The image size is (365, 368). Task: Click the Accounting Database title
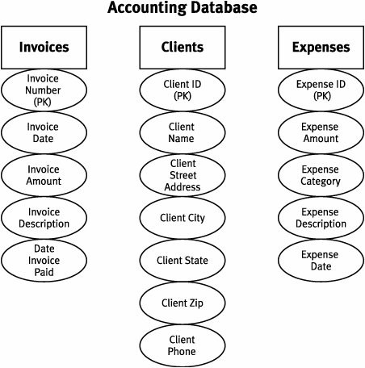[x=182, y=7]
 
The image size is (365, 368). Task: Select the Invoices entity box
[x=44, y=48]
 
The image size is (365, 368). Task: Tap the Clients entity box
[x=182, y=48]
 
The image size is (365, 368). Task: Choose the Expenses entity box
[x=321, y=48]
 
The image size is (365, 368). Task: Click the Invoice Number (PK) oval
[x=44, y=90]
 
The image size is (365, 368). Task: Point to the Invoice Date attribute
[x=44, y=132]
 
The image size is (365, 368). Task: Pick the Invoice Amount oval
[x=44, y=175]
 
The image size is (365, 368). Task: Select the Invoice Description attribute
[x=44, y=218]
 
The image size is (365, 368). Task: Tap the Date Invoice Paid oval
[x=44, y=261]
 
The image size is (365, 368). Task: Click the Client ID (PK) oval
[x=182, y=90]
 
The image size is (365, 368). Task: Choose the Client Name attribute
[x=182, y=132]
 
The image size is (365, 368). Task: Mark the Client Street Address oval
[x=182, y=175]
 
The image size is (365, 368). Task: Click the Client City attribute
[x=182, y=218]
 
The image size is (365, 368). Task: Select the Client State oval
[x=182, y=261]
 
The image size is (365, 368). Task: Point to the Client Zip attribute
[x=182, y=303]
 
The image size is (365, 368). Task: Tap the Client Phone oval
[x=182, y=345]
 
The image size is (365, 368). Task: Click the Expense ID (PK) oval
[x=321, y=90]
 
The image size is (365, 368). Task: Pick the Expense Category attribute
[x=321, y=175]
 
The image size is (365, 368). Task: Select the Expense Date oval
[x=321, y=261]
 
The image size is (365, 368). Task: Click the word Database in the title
[x=224, y=7]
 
